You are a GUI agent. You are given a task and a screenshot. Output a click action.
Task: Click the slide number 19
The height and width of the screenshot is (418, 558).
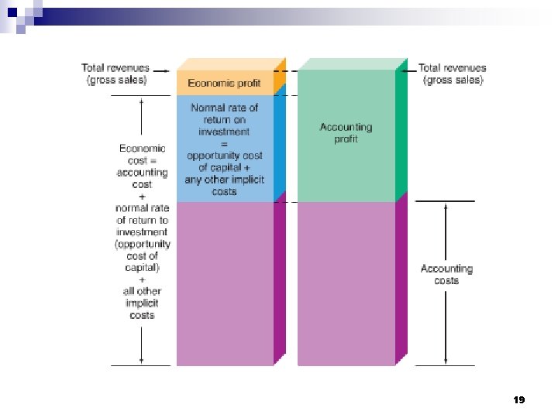click(x=518, y=399)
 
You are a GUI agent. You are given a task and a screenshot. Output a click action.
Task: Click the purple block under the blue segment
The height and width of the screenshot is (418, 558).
click(x=225, y=283)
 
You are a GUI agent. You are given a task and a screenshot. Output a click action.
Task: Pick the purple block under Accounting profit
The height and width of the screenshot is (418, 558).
click(x=346, y=283)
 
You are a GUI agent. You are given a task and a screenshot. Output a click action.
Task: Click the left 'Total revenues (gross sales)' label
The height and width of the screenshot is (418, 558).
click(x=115, y=74)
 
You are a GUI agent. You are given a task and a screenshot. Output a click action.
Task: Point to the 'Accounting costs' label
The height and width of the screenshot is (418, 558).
click(x=446, y=274)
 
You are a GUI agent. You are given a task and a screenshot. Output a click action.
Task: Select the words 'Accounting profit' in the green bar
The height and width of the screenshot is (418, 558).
click(x=346, y=132)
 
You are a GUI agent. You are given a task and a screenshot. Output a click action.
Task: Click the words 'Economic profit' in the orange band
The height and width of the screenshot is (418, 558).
click(x=225, y=83)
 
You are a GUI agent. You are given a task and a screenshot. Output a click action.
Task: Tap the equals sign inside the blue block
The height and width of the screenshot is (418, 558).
click(x=224, y=143)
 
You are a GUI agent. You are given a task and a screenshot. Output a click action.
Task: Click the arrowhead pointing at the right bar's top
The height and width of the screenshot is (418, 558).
click(x=403, y=69)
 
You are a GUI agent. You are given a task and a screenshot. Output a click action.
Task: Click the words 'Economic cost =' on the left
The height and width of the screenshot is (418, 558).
click(x=141, y=155)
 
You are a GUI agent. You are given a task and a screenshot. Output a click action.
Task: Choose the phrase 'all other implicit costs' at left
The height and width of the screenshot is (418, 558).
click(x=141, y=303)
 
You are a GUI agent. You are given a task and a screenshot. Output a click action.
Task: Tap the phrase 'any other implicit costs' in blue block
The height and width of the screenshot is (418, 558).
click(x=224, y=186)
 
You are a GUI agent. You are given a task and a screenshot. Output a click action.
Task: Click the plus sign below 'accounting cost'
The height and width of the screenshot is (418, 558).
click(x=141, y=197)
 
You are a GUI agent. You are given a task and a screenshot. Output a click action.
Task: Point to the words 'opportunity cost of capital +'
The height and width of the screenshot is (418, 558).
click(x=224, y=162)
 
